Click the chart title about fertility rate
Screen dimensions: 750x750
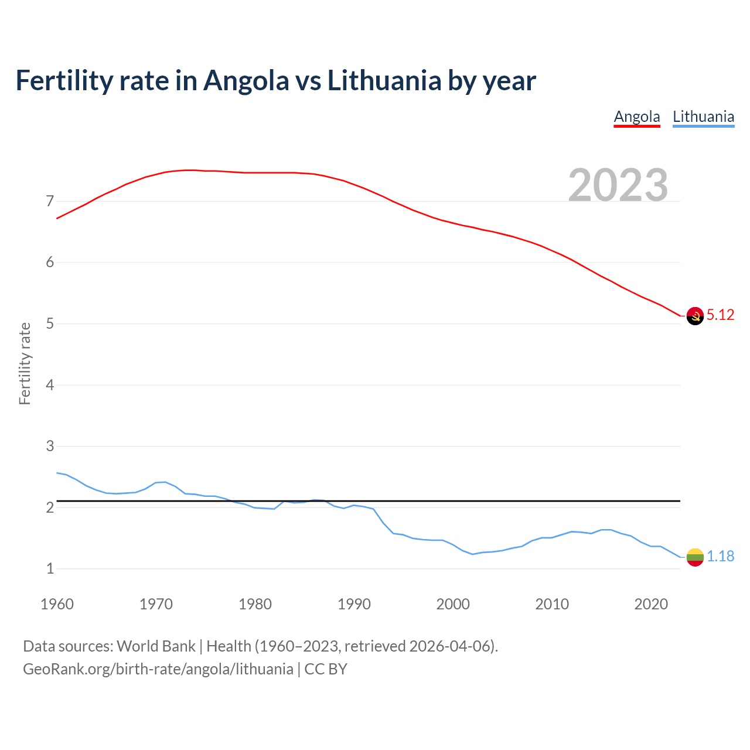pos(275,80)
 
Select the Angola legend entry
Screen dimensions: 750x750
pos(637,117)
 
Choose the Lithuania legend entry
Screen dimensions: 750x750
pos(703,117)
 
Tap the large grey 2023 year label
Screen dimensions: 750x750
pos(618,185)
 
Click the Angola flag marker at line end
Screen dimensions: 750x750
pos(695,316)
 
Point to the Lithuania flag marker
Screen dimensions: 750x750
pos(695,557)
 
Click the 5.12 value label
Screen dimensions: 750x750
pos(720,315)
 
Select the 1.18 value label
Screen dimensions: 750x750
pos(720,556)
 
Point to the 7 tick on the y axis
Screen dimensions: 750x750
pos(50,202)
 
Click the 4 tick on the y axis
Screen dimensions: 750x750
pos(50,385)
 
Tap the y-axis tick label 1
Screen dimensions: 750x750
pos(50,568)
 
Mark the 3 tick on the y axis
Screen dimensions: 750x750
pos(50,446)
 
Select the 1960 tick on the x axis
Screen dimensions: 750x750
pos(57,604)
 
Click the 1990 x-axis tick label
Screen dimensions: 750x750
pos(354,604)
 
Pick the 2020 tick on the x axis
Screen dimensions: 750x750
pos(651,604)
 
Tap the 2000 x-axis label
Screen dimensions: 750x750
pos(453,604)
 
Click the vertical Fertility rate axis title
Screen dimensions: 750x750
pos(25,363)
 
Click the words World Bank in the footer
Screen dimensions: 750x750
pos(156,646)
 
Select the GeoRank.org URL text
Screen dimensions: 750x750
pos(158,669)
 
